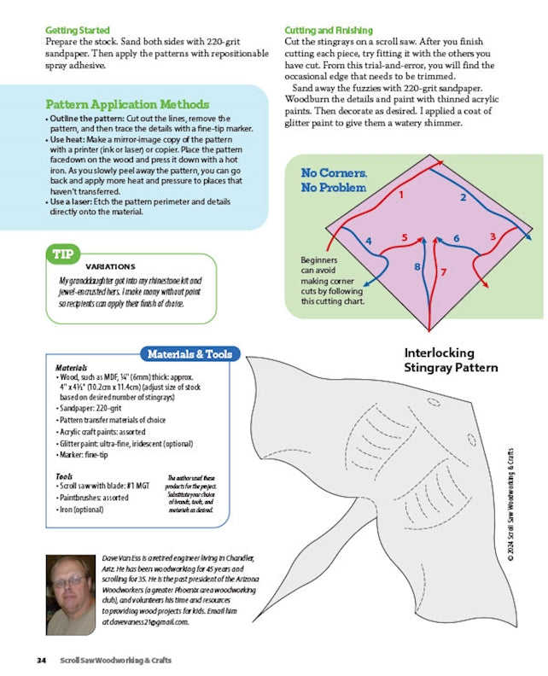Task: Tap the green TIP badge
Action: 63,254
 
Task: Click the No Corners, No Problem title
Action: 334,180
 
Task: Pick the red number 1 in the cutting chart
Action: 399,195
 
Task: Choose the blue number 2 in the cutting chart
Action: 463,198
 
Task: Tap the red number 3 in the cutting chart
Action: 493,236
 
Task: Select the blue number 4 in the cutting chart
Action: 369,242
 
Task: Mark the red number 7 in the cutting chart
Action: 443,272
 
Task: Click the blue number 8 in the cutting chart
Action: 417,267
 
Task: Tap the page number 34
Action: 41,660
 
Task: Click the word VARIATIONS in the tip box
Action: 110,266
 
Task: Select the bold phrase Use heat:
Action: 68,139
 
